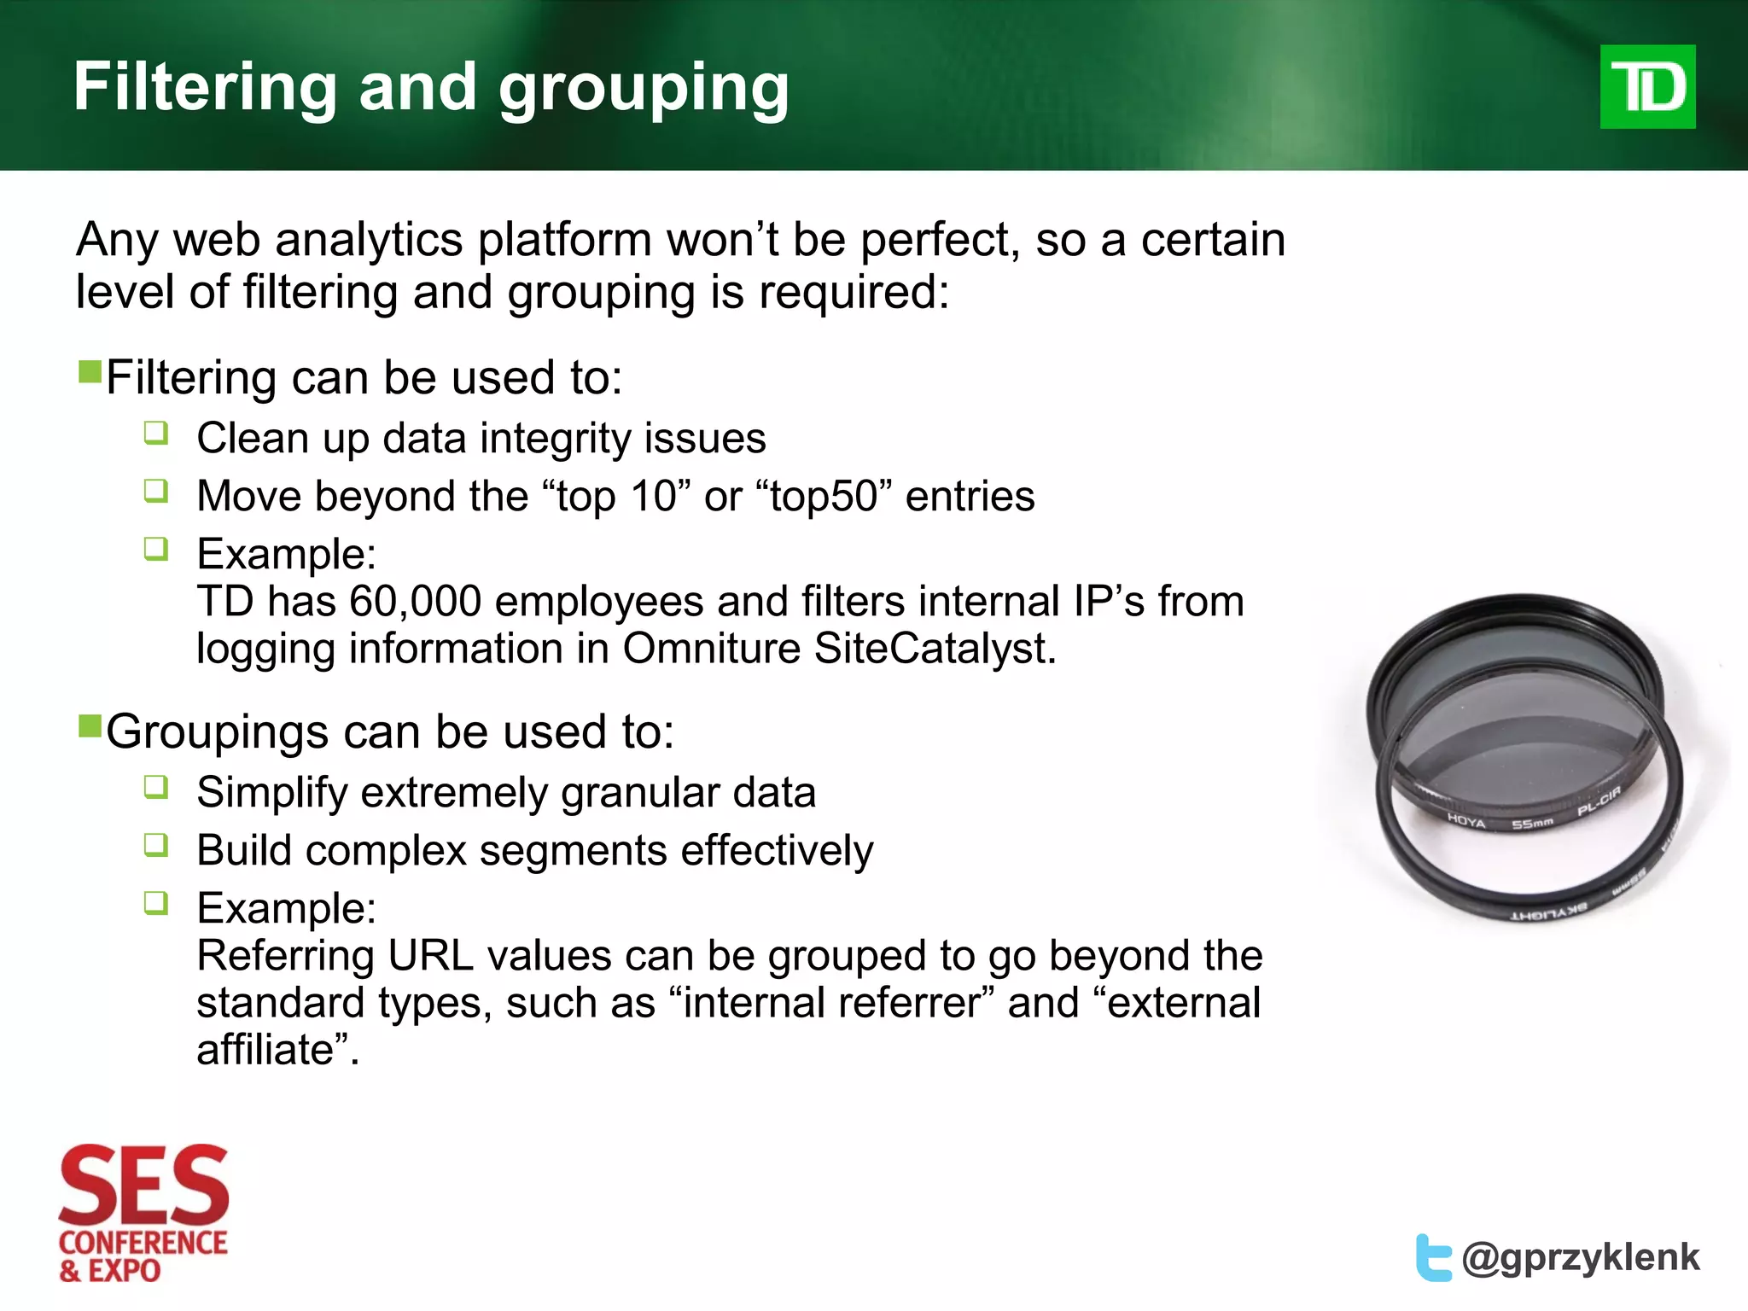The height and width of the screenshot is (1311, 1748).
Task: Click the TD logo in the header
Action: [x=1646, y=87]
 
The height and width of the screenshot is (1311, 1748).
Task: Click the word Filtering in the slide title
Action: [x=205, y=87]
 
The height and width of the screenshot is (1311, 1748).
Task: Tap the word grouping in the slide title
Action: [x=644, y=89]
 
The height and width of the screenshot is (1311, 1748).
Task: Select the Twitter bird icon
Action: [x=1433, y=1257]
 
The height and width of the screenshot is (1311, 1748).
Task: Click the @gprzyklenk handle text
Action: [x=1580, y=1258]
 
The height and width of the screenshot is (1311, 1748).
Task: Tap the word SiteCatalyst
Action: [x=935, y=649]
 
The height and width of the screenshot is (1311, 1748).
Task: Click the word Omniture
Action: [x=712, y=649]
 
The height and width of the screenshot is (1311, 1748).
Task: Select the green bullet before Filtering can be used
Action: [x=90, y=372]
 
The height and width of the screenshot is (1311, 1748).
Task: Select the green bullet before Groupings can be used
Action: [x=90, y=726]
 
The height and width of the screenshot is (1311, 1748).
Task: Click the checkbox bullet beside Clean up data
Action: [x=156, y=433]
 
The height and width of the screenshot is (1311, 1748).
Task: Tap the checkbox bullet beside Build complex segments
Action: [x=156, y=845]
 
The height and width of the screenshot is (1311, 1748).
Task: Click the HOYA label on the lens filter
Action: [x=1466, y=821]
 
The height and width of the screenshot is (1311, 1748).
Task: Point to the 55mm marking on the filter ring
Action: [x=1533, y=824]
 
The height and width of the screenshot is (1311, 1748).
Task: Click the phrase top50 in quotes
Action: [x=824, y=497]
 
